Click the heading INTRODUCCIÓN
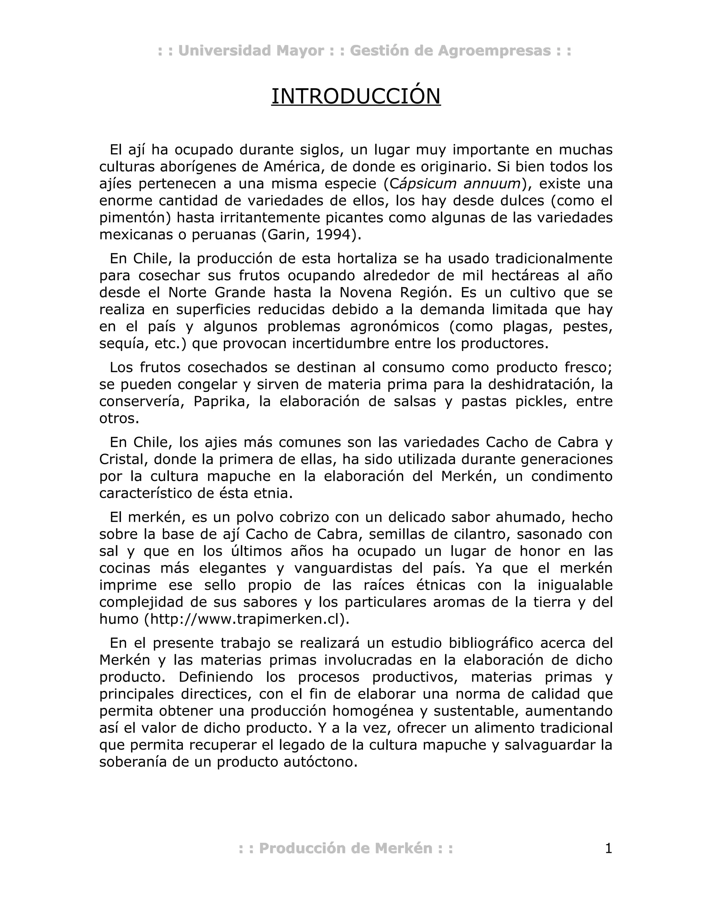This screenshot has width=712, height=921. click(x=356, y=97)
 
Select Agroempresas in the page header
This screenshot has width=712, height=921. click(x=494, y=51)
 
